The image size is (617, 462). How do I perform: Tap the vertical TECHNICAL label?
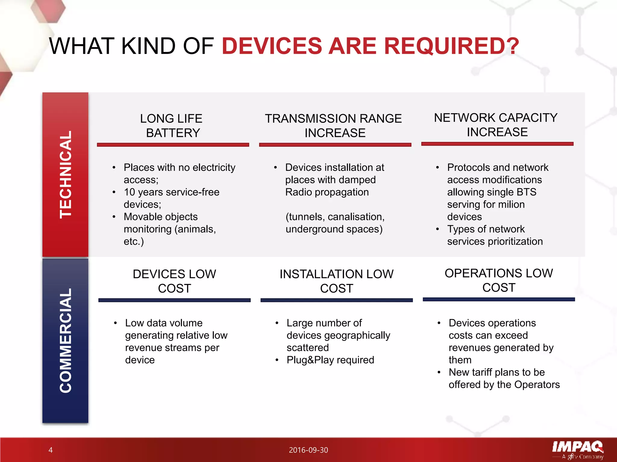tap(66, 174)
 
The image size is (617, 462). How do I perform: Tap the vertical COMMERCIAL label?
tap(66, 340)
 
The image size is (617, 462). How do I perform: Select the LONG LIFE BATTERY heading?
tap(172, 126)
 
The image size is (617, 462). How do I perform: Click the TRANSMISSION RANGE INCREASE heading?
tap(334, 126)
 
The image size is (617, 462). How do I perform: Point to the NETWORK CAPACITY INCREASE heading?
tap(496, 125)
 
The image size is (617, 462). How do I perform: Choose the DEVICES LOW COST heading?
tap(174, 281)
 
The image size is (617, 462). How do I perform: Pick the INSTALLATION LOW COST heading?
tap(337, 281)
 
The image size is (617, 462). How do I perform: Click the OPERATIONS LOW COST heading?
tap(499, 280)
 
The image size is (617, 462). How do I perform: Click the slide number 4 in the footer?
tap(51, 450)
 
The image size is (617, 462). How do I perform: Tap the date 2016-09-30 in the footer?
tap(308, 450)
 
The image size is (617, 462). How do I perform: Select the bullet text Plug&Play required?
tap(330, 360)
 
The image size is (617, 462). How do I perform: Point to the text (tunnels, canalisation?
tap(335, 217)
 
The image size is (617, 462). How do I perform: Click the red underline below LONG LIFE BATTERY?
tap(173, 145)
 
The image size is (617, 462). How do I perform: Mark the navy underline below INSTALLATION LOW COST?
tap(337, 300)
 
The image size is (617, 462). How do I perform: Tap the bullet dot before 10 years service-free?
tap(114, 192)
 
